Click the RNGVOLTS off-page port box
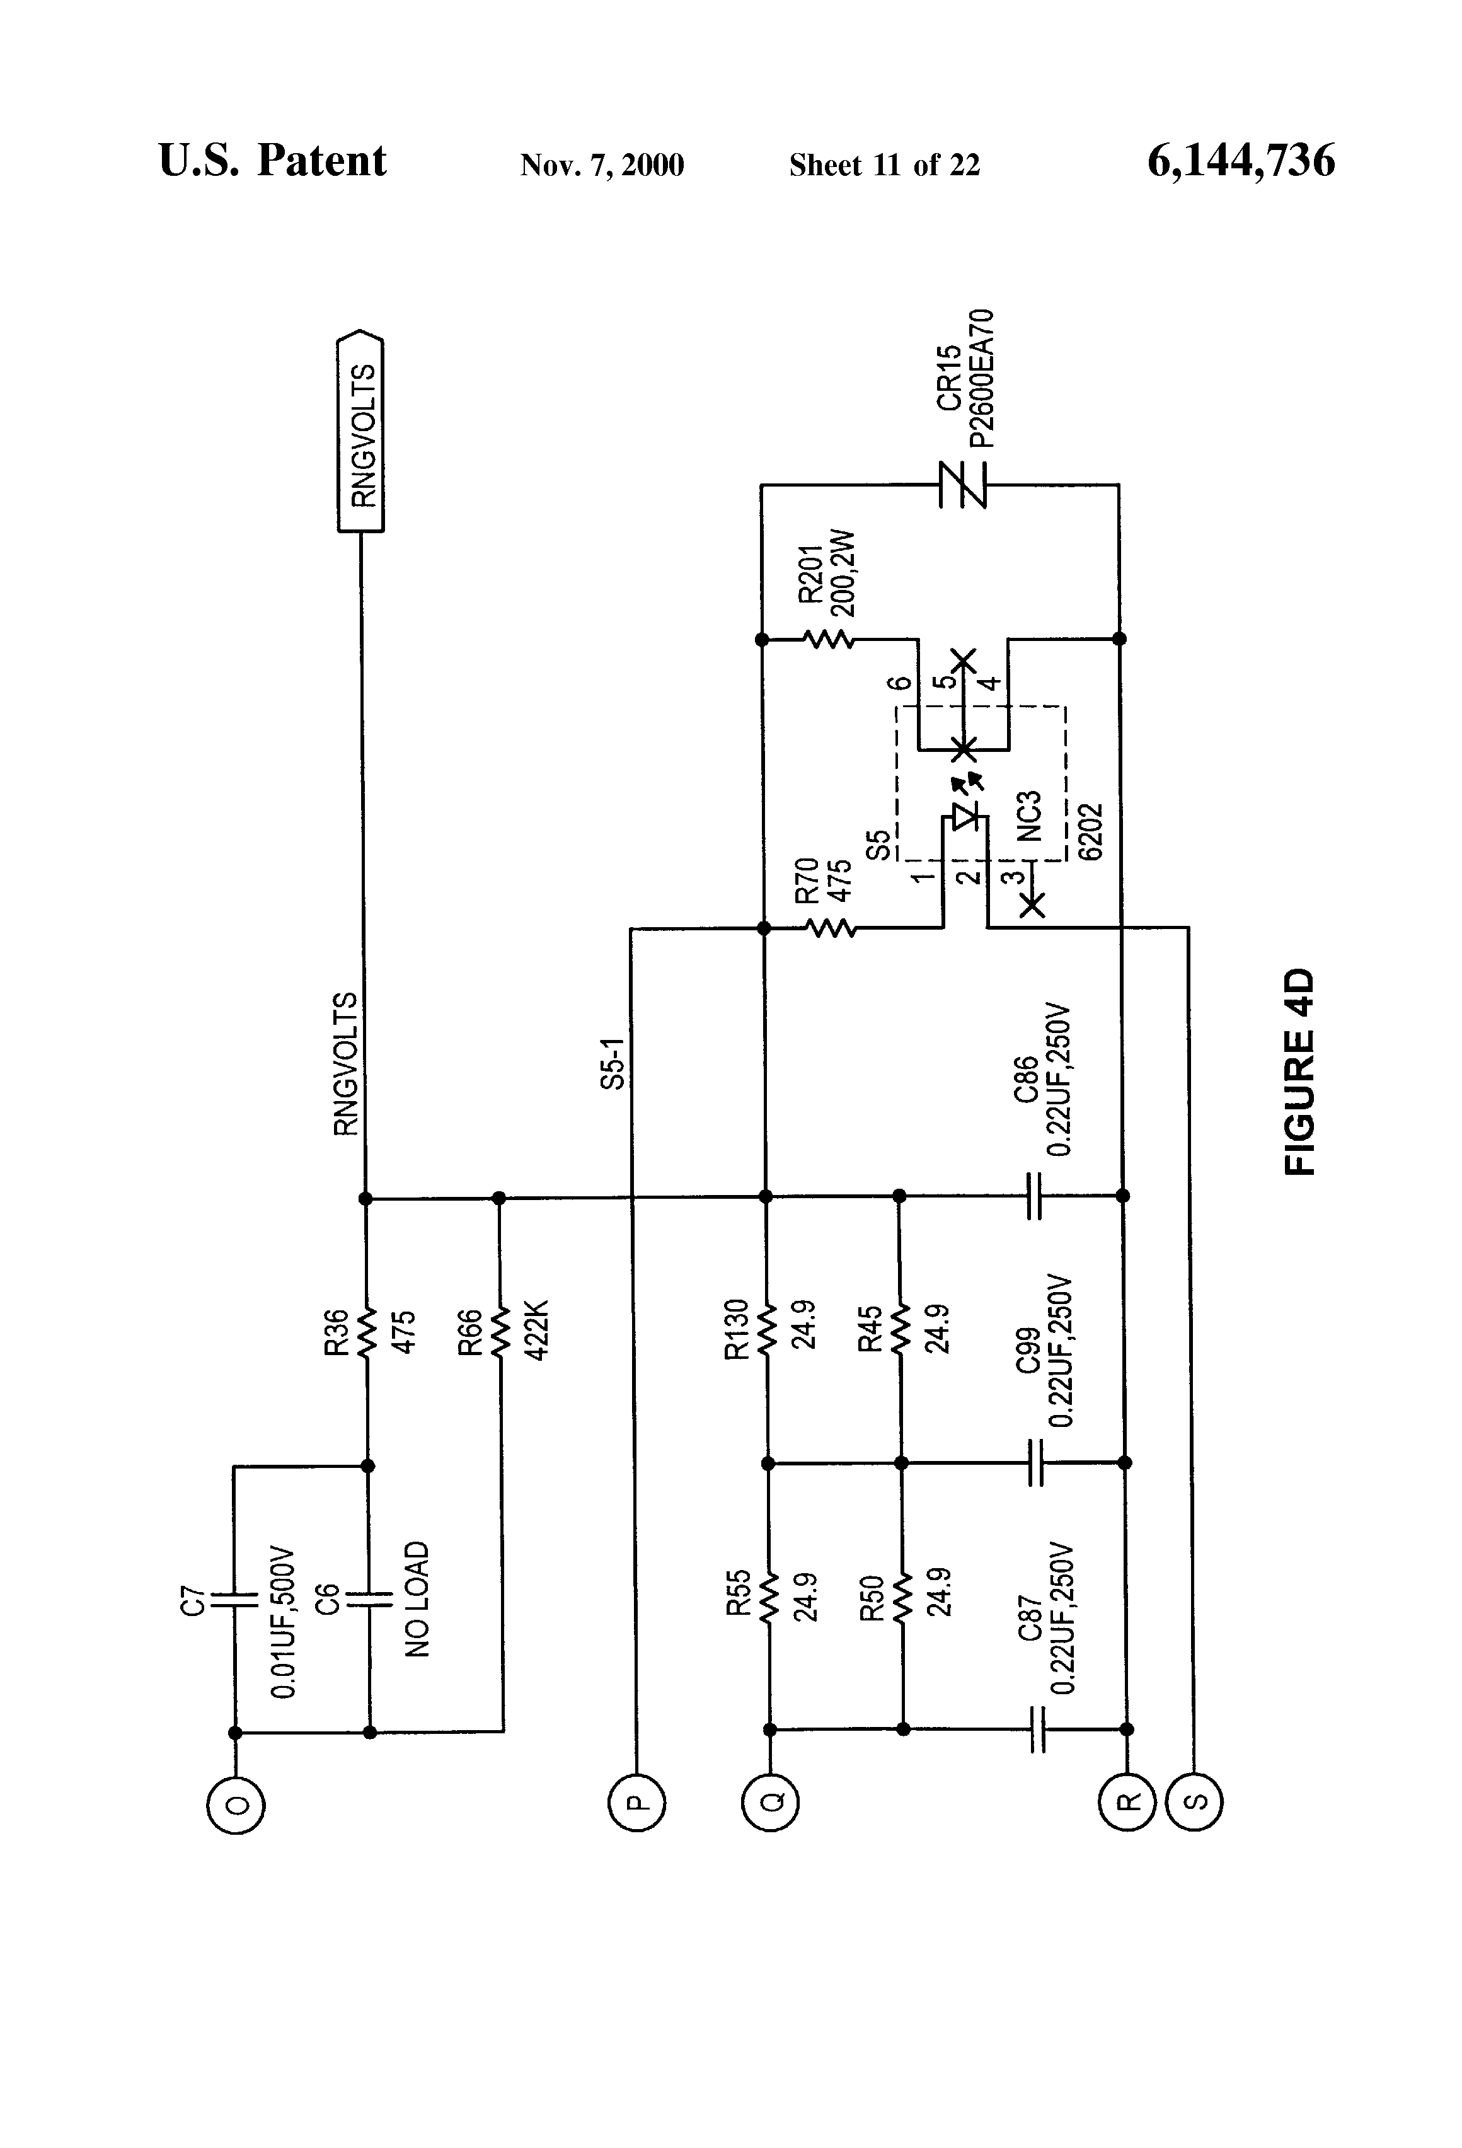(x=361, y=430)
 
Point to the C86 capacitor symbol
(x=1034, y=1195)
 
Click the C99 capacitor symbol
(x=1035, y=1462)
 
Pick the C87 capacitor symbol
(x=1037, y=1728)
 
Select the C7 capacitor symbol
(x=234, y=1600)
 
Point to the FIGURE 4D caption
(x=1298, y=1071)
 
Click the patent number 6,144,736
(x=1241, y=161)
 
